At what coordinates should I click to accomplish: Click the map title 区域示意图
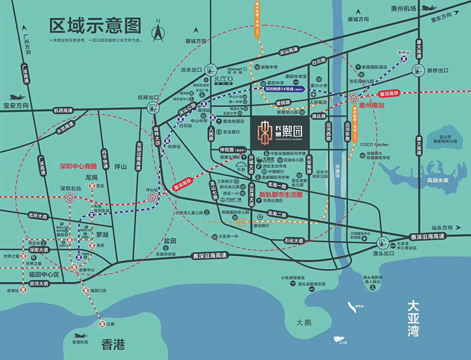[x=95, y=26]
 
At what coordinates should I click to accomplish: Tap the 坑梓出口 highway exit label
[x=148, y=97]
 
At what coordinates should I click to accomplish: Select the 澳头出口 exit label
[x=383, y=253]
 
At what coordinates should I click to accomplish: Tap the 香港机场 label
[x=76, y=342]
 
